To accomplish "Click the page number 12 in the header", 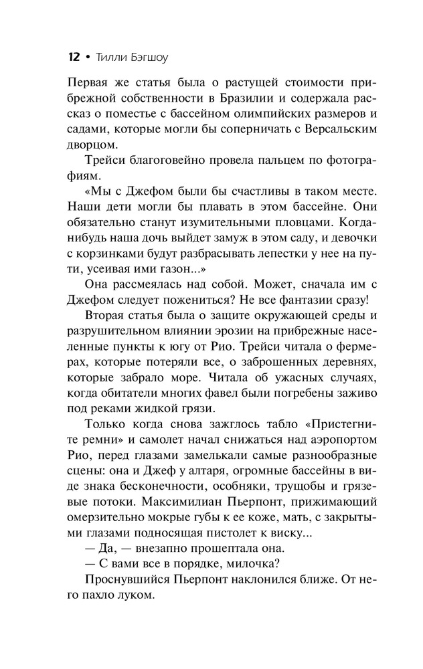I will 74,58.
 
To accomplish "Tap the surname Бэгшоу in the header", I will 143,58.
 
